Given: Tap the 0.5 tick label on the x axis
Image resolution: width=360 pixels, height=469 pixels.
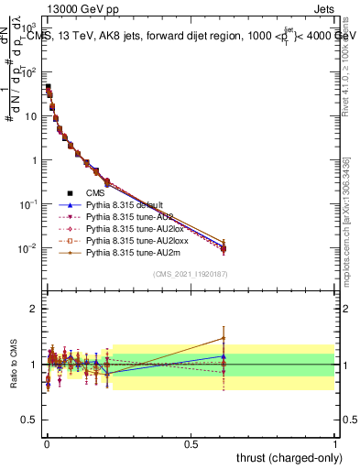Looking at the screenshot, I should coord(191,443).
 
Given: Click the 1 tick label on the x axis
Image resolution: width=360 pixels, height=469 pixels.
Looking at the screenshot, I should coord(335,443).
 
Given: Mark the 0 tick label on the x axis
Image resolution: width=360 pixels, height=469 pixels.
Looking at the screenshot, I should coord(46,443).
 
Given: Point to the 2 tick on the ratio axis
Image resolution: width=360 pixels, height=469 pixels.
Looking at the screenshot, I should coord(34,309).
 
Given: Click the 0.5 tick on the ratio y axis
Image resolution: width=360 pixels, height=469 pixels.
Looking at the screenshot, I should coord(29,420).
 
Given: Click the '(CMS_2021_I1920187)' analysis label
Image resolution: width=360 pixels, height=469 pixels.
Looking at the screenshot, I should coord(190,273).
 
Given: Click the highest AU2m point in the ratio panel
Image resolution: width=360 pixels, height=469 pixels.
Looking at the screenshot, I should coord(223,338).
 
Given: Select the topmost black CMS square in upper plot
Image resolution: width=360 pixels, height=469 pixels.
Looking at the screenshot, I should coord(48,87).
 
